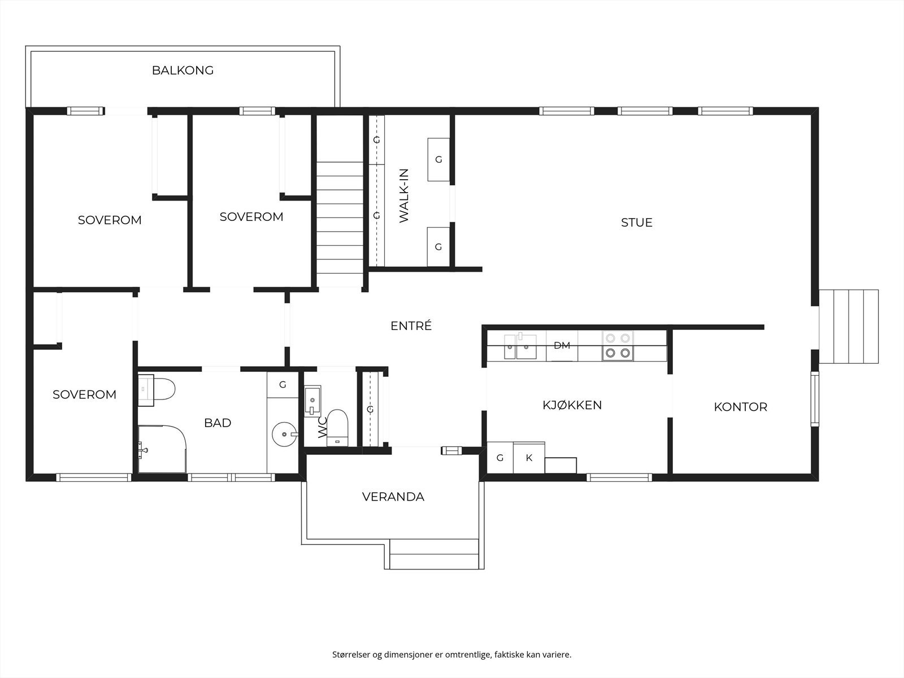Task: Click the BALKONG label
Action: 182,71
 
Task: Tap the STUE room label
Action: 636,223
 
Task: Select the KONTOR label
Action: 740,407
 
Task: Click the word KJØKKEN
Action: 572,405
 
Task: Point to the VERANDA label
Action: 393,497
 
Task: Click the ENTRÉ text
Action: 411,326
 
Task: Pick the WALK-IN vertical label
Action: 404,196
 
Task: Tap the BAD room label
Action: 218,423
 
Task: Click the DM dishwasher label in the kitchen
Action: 562,345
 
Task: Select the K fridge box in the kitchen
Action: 529,458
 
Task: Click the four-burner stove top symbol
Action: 617,346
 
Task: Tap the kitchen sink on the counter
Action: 520,346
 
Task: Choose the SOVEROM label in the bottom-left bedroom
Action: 84,394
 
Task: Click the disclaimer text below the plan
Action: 451,655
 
